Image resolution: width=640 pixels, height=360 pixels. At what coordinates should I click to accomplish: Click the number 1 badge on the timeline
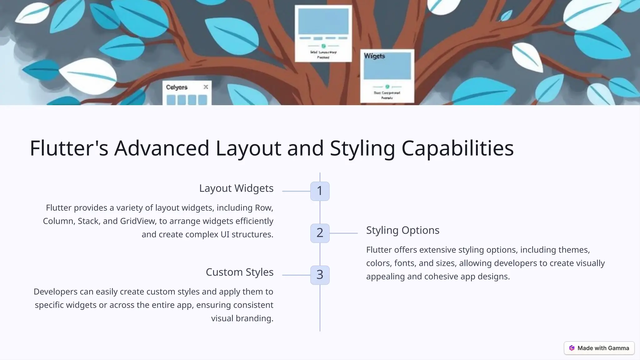[x=320, y=191]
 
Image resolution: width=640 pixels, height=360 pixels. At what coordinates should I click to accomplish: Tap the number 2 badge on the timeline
[x=320, y=233]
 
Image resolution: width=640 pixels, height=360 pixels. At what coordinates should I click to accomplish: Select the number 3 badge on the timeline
[x=320, y=275]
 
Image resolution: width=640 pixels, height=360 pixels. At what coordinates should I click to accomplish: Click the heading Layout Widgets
[x=236, y=188]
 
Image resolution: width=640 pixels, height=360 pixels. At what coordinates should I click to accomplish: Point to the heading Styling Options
[x=402, y=230]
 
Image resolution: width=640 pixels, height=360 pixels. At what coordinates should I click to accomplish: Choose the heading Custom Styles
[x=239, y=272]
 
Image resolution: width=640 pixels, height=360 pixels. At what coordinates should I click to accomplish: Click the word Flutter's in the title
[x=69, y=148]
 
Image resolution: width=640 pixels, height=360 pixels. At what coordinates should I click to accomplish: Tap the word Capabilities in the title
[x=457, y=148]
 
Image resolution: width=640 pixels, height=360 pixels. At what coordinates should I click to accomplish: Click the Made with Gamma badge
[x=599, y=348]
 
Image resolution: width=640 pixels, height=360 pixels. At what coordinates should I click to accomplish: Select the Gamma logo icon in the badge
[x=572, y=348]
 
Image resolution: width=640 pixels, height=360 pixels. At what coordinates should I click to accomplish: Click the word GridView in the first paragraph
[x=137, y=221]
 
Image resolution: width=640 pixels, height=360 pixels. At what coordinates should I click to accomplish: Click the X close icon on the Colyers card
[x=206, y=87]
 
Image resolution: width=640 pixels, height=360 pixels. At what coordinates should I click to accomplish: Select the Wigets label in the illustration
[x=374, y=56]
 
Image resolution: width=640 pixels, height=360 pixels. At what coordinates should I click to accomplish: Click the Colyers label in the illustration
[x=177, y=87]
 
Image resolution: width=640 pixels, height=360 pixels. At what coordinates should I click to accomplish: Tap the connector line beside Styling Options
[x=343, y=233]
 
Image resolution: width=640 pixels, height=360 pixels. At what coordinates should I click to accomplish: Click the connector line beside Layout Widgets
[x=296, y=191]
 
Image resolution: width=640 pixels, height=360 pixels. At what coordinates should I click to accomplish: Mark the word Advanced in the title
[x=162, y=148]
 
